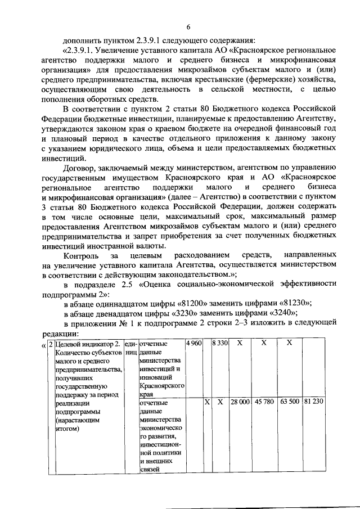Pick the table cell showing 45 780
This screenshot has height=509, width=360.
pos(264,402)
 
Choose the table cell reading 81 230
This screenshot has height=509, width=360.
pos(313,402)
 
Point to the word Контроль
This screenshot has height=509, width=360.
pos(83,254)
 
